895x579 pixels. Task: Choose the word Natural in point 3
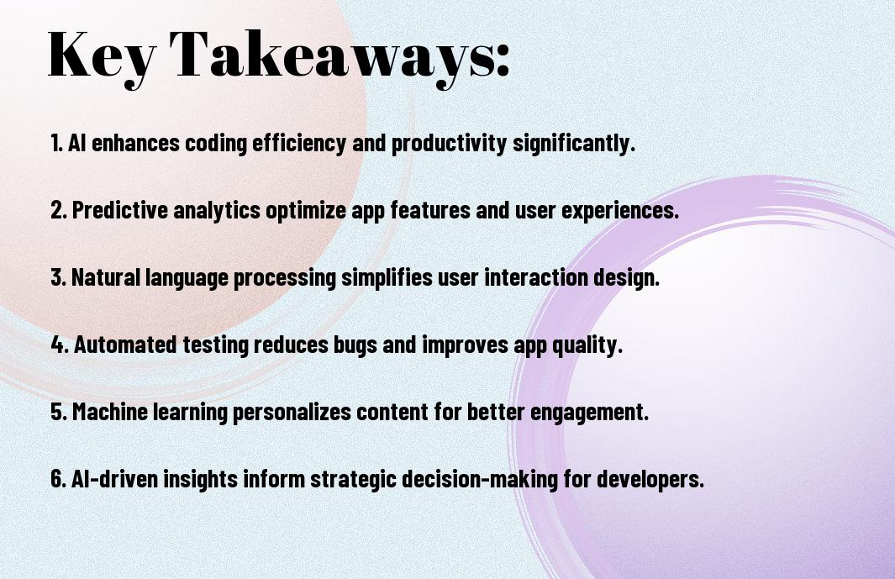[106, 277]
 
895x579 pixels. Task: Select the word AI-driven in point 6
[114, 478]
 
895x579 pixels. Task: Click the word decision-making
[480, 479]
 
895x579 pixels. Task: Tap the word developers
[650, 479]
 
